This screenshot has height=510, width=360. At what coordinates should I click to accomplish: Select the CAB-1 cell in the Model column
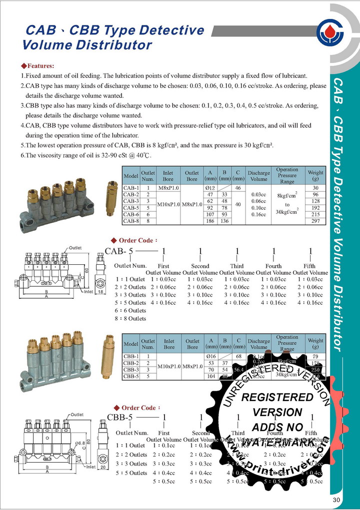click(131, 187)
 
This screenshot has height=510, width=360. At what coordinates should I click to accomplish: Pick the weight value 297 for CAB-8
click(315, 221)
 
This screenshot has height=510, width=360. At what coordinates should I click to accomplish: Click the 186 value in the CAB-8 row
click(210, 221)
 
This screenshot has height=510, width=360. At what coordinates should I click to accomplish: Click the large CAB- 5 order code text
click(118, 252)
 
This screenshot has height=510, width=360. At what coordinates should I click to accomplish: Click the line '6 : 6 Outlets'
click(130, 310)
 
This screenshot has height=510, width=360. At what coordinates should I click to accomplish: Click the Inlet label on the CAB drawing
click(88, 292)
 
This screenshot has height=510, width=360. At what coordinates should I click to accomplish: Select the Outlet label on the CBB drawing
click(76, 414)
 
